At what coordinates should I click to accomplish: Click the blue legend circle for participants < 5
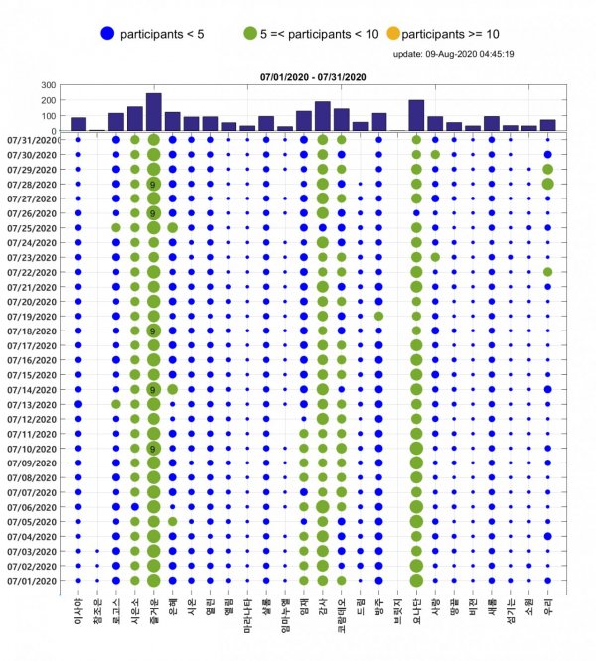click(106, 34)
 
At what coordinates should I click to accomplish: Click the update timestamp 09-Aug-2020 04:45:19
click(453, 54)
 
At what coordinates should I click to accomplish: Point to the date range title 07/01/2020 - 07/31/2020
click(314, 76)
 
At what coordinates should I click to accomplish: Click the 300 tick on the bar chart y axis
click(51, 85)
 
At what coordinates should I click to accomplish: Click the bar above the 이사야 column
click(77, 124)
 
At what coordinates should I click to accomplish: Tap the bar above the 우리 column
click(547, 125)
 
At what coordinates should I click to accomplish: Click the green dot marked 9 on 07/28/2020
click(153, 184)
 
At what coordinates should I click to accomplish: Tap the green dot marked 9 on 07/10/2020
click(153, 449)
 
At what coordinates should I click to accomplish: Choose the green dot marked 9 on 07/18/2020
click(153, 330)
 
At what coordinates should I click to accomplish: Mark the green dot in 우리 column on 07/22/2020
click(547, 272)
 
